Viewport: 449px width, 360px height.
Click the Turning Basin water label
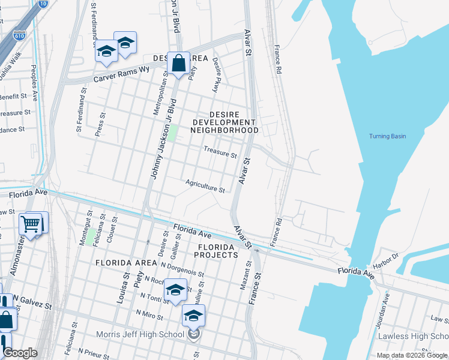(x=387, y=136)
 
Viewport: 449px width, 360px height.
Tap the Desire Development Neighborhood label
(x=225, y=122)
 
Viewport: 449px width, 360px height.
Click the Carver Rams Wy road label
(x=121, y=74)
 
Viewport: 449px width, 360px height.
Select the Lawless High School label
(x=413, y=336)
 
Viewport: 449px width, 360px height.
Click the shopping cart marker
(x=31, y=224)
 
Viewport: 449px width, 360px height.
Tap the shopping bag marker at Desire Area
(x=179, y=62)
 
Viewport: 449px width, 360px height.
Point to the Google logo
(x=20, y=353)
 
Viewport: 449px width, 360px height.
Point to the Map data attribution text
(x=412, y=355)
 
